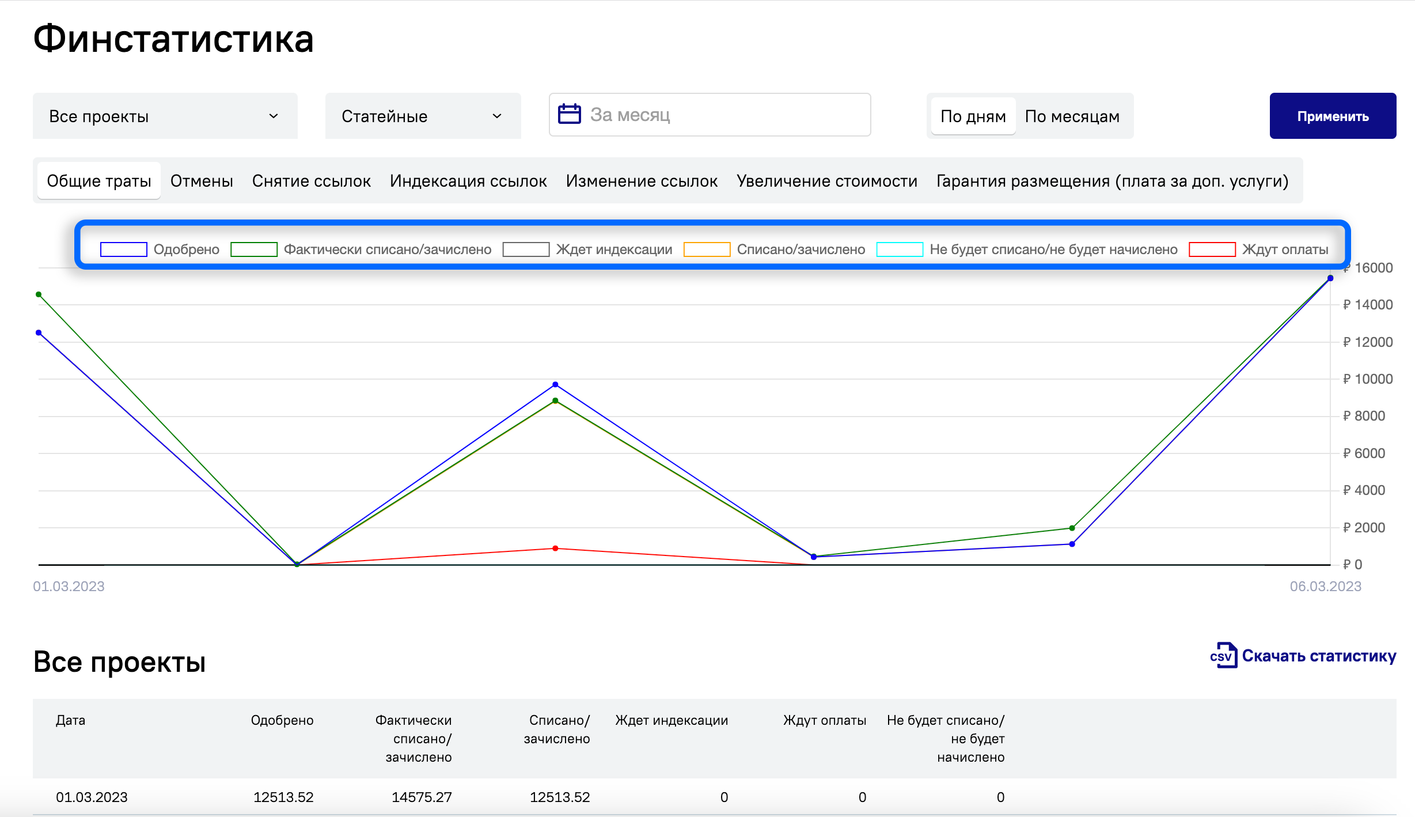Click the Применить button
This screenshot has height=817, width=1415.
pos(1333,116)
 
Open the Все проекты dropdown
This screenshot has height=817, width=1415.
pos(165,116)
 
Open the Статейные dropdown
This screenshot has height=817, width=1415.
pos(423,116)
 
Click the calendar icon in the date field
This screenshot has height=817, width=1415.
pos(570,114)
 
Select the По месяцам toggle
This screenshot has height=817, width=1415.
pos(1072,116)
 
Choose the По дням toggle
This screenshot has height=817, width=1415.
pos(973,116)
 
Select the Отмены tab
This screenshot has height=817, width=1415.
pos(202,181)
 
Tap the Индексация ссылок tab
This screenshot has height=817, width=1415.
pos(468,181)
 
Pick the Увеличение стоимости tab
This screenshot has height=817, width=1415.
pos(827,181)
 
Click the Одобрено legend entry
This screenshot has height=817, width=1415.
pos(160,249)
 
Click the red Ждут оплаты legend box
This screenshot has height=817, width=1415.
pos(1212,249)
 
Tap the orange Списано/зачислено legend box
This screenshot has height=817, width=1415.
pos(707,249)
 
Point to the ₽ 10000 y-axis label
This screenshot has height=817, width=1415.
pos(1368,379)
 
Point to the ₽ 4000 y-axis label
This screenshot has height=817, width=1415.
pos(1364,490)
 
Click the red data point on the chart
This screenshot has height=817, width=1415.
pos(555,549)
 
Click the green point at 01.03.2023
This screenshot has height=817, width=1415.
pos(39,294)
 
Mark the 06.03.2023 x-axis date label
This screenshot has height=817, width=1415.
pos(1325,587)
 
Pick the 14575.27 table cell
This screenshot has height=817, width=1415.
pos(422,797)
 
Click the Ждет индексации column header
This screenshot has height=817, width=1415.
pos(672,720)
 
